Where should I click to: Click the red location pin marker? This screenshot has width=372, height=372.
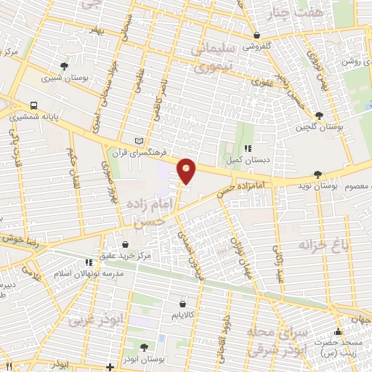coord(187,170)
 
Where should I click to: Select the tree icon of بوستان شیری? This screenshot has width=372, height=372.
coord(65,65)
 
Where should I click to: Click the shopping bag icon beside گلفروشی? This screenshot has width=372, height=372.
coord(256,34)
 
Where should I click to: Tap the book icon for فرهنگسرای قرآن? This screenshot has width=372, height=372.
coord(139,140)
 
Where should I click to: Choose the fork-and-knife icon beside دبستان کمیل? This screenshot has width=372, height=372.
coord(248,148)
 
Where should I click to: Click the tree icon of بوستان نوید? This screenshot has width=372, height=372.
coord(318,174)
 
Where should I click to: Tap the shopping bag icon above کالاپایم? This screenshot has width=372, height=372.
coord(182,304)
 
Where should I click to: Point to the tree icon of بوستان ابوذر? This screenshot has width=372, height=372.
coord(143,347)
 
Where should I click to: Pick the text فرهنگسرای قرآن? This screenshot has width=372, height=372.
coord(139,153)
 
